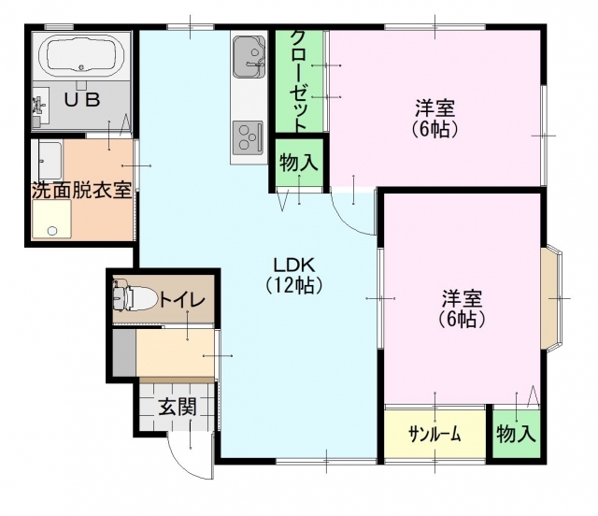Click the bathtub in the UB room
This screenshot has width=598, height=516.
[x=81, y=56]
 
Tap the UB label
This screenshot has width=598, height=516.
[x=82, y=100]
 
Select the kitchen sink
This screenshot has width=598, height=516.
[x=249, y=56]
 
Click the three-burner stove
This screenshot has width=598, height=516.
[x=249, y=137]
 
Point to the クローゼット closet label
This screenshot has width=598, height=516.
[x=299, y=81]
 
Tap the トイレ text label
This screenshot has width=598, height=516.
[x=182, y=300]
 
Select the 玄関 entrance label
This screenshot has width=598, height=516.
[x=178, y=406]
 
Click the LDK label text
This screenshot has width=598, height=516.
[x=293, y=265]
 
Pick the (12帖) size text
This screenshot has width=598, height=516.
[x=294, y=284]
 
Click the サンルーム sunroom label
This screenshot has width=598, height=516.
[x=434, y=435]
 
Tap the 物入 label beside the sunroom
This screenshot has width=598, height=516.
[x=516, y=434]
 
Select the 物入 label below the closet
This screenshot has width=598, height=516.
[x=299, y=163]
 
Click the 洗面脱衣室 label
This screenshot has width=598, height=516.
[x=81, y=190]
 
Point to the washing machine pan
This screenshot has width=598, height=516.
[x=51, y=220]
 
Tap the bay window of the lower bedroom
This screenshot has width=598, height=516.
[x=551, y=297]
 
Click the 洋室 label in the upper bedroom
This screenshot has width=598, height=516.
[x=434, y=107]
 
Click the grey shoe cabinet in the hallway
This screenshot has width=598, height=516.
[x=124, y=352]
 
